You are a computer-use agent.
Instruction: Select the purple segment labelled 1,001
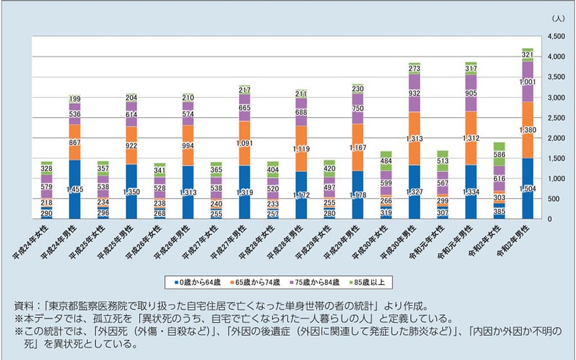(528, 82)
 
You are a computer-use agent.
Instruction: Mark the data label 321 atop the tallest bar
(528, 55)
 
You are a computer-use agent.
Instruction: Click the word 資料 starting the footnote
(23, 306)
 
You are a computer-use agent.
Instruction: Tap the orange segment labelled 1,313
(414, 138)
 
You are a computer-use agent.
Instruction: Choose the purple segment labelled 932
(414, 94)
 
